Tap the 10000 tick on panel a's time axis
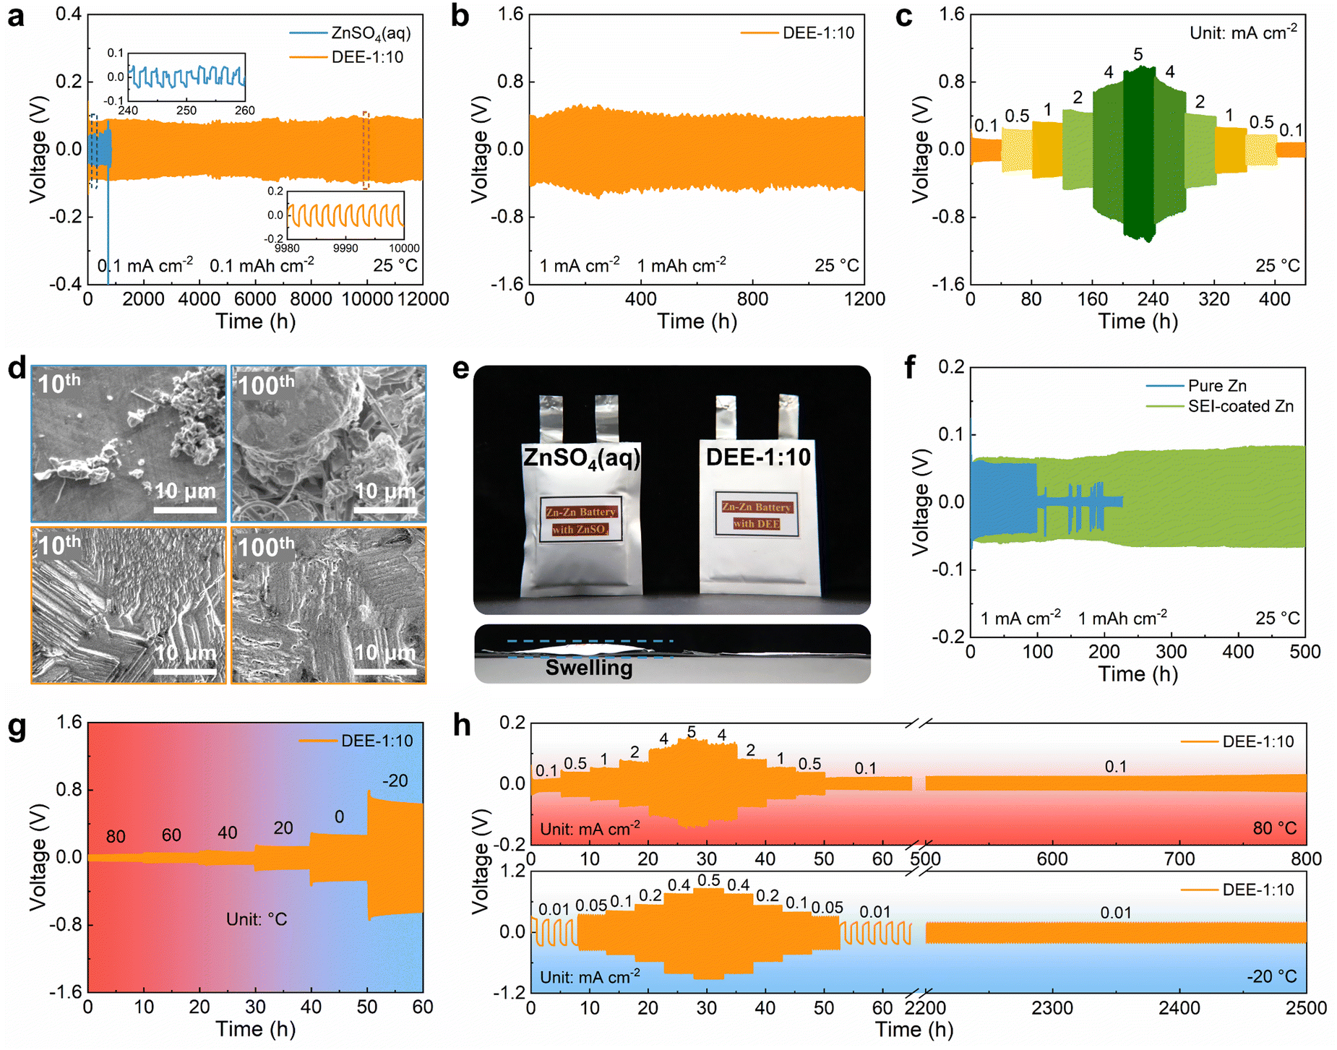[367, 299]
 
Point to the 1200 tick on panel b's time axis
[864, 299]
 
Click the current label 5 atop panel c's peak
[1138, 54]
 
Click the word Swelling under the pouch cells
[588, 668]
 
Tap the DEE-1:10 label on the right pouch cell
[758, 457]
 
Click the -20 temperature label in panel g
[395, 780]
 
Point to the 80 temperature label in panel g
[116, 836]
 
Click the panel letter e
[460, 369]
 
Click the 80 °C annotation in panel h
[1275, 828]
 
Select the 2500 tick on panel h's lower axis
[1306, 1007]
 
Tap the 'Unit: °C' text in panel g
[257, 919]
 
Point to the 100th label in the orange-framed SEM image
[265, 546]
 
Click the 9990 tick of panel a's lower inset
[345, 248]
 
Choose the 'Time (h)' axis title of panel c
[1138, 321]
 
